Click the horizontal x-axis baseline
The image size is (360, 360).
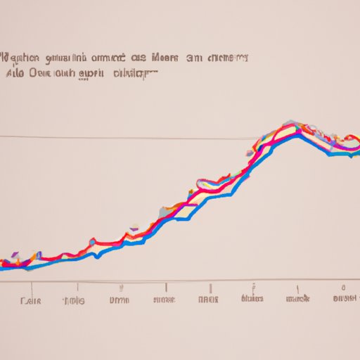tap(176, 281)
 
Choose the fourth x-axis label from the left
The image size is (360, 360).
tap(163, 300)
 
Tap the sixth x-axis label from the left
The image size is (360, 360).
tap(252, 300)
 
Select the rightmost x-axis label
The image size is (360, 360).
tap(345, 300)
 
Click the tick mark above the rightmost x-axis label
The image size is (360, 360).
tap(343, 287)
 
